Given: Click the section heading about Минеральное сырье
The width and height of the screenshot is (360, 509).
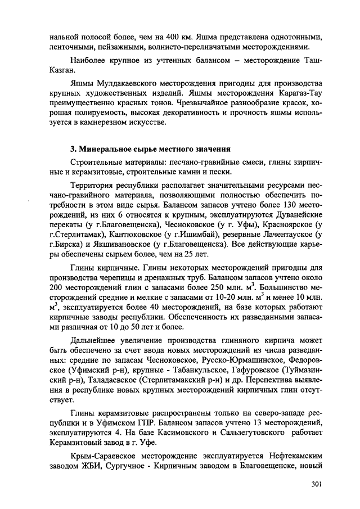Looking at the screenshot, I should (x=150, y=149).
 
